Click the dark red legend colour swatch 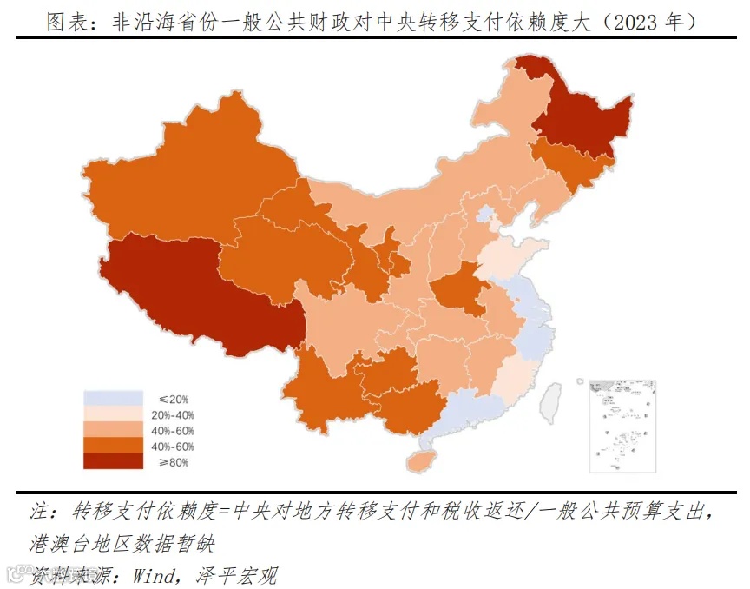coord(112,461)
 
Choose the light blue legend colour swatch coord(112,398)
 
